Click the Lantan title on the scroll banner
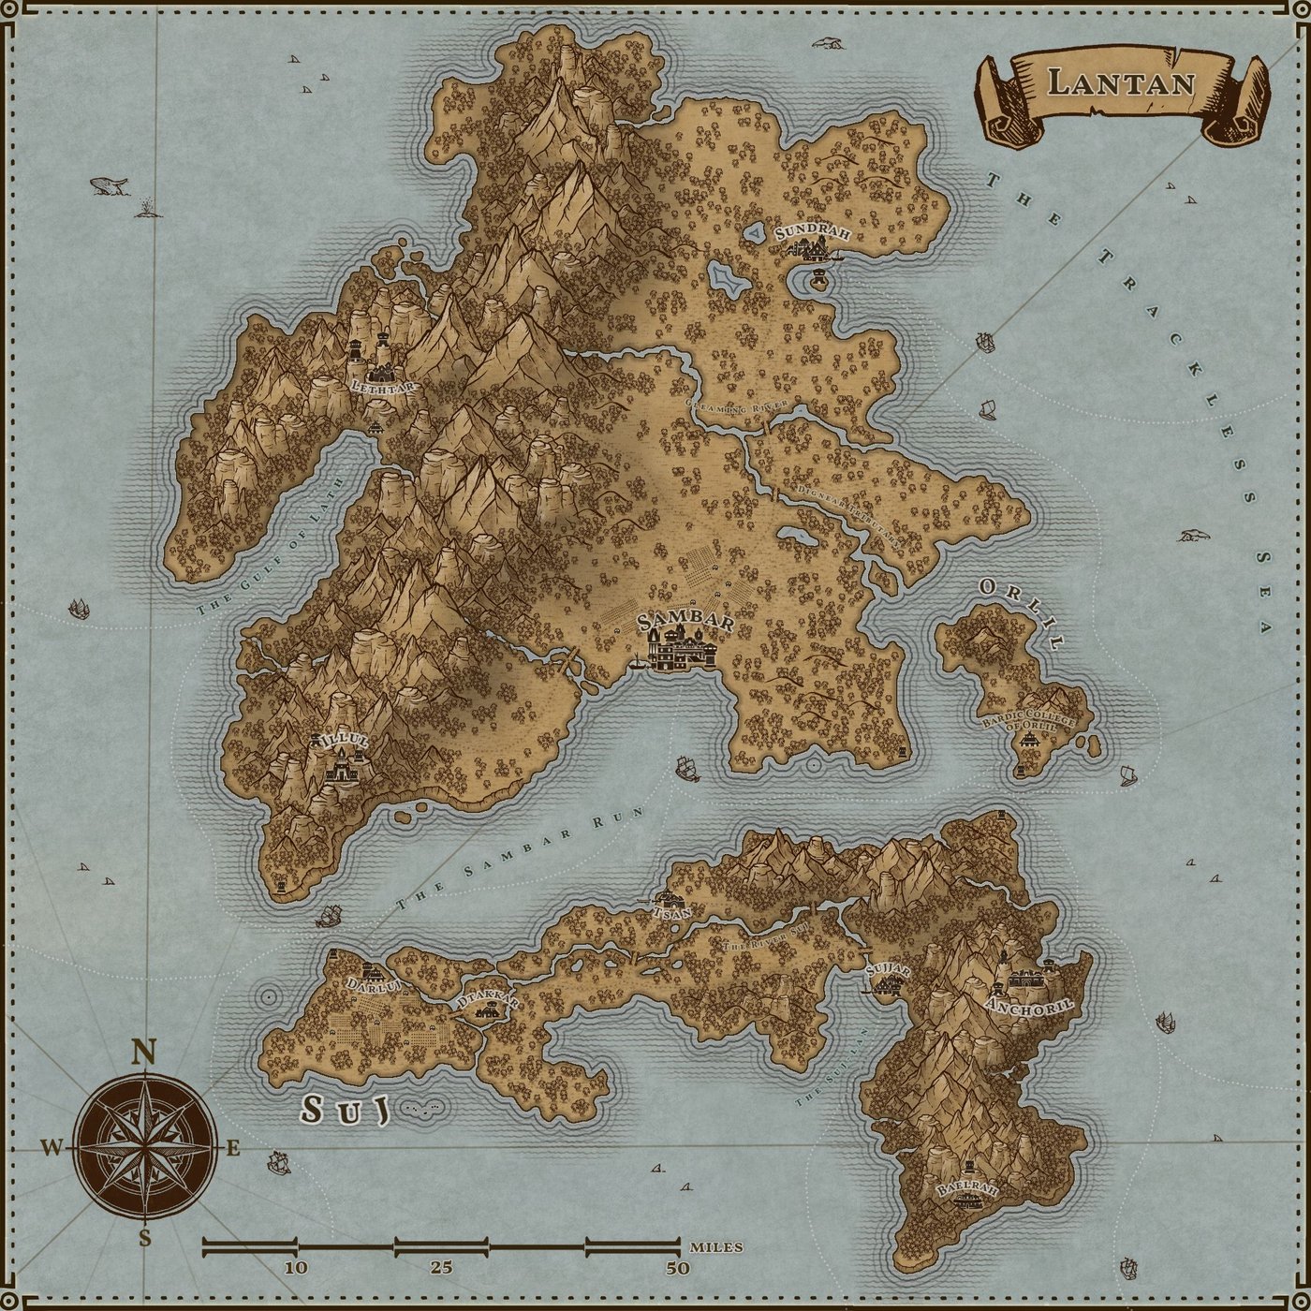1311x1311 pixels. tap(1121, 82)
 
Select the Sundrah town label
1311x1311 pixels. tap(812, 231)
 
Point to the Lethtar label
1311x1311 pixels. tap(382, 386)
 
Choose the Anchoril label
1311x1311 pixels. tap(1029, 1005)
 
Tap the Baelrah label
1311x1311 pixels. tap(967, 1189)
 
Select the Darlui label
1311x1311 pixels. tap(373, 985)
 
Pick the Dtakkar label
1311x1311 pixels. tap(486, 1002)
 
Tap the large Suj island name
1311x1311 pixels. tap(344, 1111)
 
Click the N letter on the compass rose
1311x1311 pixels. tap(142, 1053)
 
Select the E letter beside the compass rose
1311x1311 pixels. tap(233, 1149)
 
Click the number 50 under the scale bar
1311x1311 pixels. tap(677, 1268)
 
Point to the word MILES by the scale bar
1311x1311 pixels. tap(716, 1247)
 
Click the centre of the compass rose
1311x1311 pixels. tap(144, 1147)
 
